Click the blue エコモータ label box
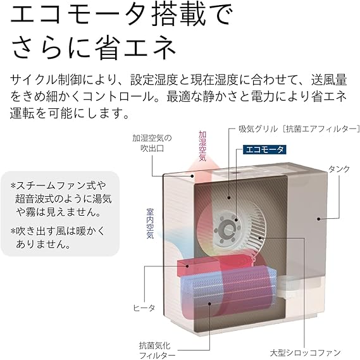(x=264, y=150)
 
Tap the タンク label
(x=339, y=169)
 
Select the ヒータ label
(x=144, y=308)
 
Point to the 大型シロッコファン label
(x=305, y=352)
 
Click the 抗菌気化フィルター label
(x=154, y=350)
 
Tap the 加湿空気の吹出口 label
(x=152, y=143)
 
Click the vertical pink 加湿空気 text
(x=202, y=146)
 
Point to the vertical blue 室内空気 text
(x=150, y=223)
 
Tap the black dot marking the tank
(x=319, y=219)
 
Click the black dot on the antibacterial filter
(x=209, y=304)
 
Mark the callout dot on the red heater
(x=187, y=266)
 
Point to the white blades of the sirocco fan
(x=255, y=227)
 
